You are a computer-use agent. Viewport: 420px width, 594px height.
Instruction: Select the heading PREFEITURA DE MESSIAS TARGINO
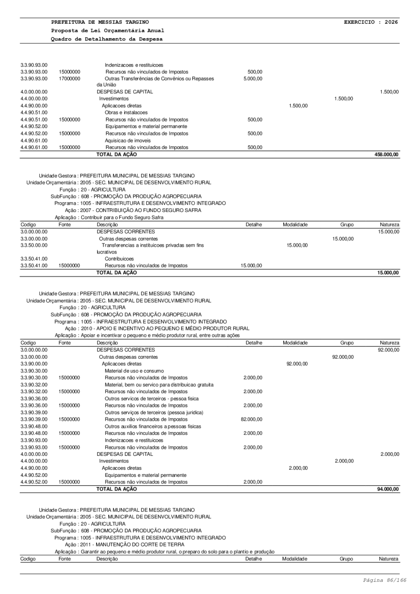(100, 22)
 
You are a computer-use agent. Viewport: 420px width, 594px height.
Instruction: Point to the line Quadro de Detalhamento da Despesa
(107, 39)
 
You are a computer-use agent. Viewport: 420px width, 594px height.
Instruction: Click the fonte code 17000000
(70, 78)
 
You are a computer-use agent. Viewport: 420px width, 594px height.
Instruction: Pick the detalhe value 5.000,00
(252, 78)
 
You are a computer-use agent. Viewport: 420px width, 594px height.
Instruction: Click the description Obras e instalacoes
(126, 113)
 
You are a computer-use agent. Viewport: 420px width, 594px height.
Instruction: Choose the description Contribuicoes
(119, 259)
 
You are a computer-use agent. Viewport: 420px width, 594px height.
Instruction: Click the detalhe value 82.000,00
(252, 419)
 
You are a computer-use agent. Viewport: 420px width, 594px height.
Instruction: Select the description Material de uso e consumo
(134, 370)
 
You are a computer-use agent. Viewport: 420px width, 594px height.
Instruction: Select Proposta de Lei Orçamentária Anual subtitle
(107, 30)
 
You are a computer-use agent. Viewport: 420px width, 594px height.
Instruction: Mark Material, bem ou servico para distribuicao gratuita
(159, 384)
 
